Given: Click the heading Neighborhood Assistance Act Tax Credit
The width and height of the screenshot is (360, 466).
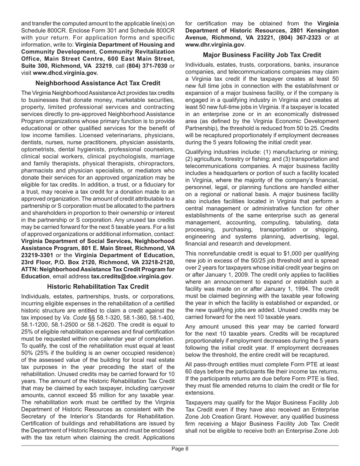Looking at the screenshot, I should [98, 83].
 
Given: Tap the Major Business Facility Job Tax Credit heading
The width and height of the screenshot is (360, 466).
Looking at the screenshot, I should [262, 55].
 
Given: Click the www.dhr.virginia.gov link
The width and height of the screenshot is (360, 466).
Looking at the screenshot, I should [214, 44].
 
